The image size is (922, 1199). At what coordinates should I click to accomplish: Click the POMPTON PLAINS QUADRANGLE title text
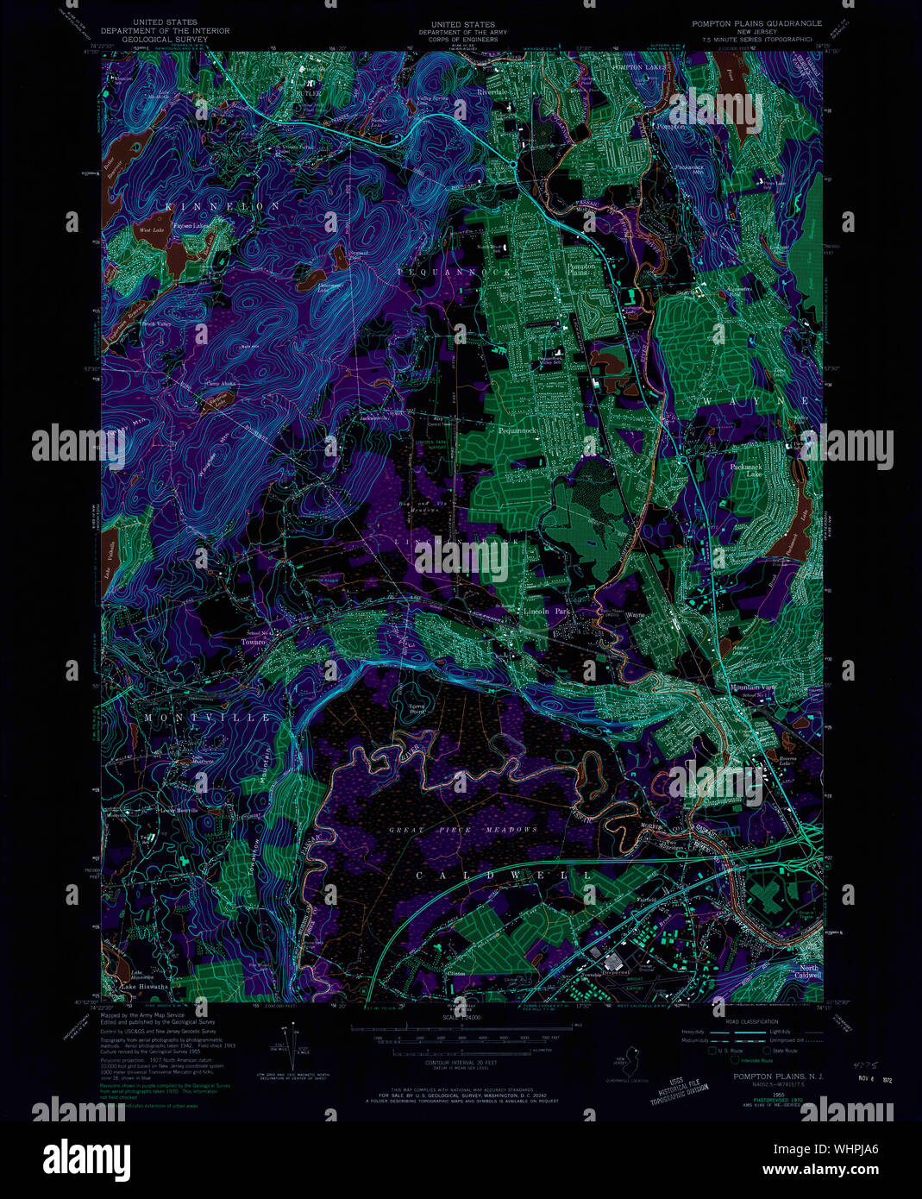756,23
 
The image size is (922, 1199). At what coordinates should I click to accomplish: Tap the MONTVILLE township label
207,718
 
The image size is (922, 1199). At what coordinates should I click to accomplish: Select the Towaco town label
253,642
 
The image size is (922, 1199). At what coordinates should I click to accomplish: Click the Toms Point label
417,709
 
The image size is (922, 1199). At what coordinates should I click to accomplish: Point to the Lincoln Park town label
547,611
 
